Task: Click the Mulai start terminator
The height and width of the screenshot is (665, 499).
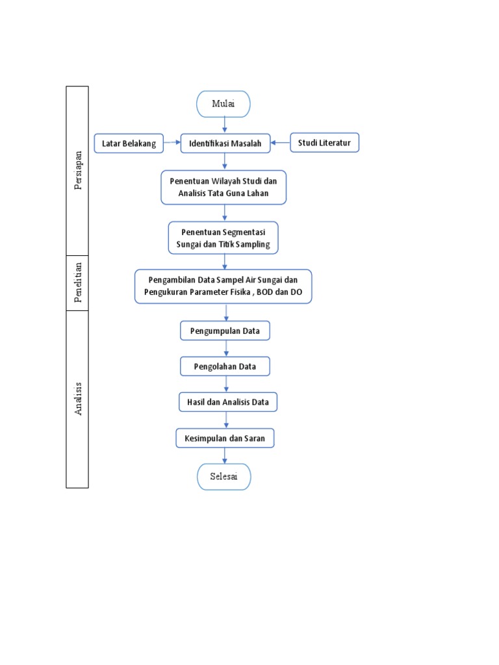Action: tap(224, 104)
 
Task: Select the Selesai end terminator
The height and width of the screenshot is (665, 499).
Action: tap(224, 477)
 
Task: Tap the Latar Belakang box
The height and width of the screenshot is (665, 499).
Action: tap(129, 144)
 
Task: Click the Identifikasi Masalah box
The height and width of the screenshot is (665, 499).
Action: tap(225, 144)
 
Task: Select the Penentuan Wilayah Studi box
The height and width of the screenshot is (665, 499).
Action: tap(224, 187)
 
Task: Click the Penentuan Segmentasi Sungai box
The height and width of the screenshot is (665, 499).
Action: tap(223, 238)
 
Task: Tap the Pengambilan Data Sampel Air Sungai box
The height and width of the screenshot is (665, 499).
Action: tap(223, 286)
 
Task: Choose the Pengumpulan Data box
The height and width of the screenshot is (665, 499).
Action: tap(225, 331)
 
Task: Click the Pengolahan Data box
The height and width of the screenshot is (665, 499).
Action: tap(225, 367)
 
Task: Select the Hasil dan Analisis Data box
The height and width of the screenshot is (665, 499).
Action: tap(227, 403)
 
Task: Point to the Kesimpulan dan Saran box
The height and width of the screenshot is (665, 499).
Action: tap(225, 438)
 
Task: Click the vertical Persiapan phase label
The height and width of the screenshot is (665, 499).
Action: tap(78, 171)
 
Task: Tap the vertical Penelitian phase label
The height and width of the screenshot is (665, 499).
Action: tap(78, 282)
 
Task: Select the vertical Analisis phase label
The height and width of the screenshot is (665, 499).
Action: tap(78, 399)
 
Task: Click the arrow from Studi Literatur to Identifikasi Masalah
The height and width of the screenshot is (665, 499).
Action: tap(280, 143)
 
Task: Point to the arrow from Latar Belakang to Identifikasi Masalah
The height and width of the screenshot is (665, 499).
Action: tap(172, 143)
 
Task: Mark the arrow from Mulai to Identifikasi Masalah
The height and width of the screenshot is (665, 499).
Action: tap(225, 125)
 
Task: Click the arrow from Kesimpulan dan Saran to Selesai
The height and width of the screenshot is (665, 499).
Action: tap(225, 456)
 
